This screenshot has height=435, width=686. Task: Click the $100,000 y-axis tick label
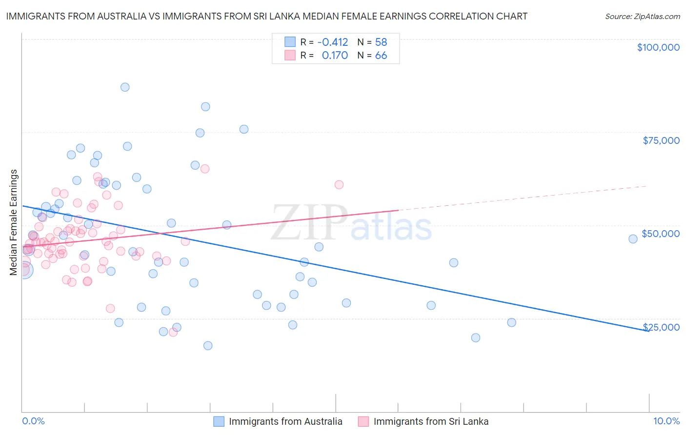pos(658,47)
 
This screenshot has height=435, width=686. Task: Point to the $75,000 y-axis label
pos(661,140)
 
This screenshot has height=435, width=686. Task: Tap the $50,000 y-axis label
pos(661,234)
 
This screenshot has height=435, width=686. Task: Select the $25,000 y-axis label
pos(661,327)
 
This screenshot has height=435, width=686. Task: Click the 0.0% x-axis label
pos(33,421)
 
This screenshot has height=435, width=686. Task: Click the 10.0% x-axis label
pos(666,421)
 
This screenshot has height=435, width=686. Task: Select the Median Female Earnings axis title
pos(14,222)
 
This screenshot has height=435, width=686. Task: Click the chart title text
pos(266,16)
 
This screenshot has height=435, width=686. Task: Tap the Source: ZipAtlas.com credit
pos(642,17)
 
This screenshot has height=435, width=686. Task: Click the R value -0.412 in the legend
pos(332,42)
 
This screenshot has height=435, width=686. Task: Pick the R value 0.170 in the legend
pos(335,56)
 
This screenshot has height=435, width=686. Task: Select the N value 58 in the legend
pos(381,42)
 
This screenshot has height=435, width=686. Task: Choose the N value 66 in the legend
pos(381,56)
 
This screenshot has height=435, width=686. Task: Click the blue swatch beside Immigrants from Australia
pos(219,421)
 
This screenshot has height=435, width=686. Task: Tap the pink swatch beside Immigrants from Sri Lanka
pos(363,421)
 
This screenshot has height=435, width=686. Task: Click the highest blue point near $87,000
pos(125,87)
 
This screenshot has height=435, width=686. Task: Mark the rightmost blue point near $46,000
pos(633,239)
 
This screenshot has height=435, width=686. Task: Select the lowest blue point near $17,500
pos(208,346)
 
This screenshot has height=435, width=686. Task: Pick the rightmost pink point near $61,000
pos(339,185)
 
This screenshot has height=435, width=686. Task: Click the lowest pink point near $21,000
pos(173,333)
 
